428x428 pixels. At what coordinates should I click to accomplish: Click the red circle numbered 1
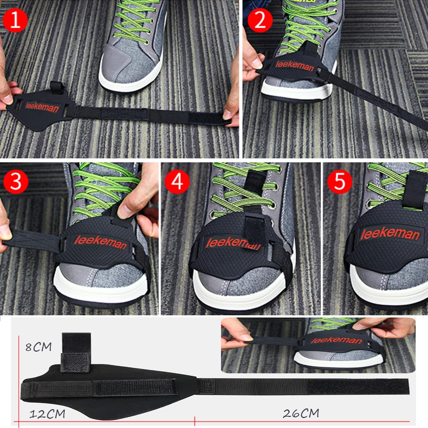(15, 20)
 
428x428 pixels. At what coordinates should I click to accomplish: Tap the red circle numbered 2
(260, 20)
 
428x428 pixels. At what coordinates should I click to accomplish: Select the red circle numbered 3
(16, 182)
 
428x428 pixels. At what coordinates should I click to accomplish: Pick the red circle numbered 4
(177, 182)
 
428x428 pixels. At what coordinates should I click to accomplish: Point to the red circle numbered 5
(340, 182)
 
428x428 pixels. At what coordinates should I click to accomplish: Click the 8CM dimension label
(39, 347)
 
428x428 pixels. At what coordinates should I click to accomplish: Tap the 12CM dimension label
(47, 408)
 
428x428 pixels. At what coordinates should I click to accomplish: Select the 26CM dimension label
(301, 407)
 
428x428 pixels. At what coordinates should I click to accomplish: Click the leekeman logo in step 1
(42, 107)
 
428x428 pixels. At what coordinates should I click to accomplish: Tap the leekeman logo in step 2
(295, 66)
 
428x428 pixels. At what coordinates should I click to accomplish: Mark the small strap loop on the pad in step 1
(56, 88)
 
